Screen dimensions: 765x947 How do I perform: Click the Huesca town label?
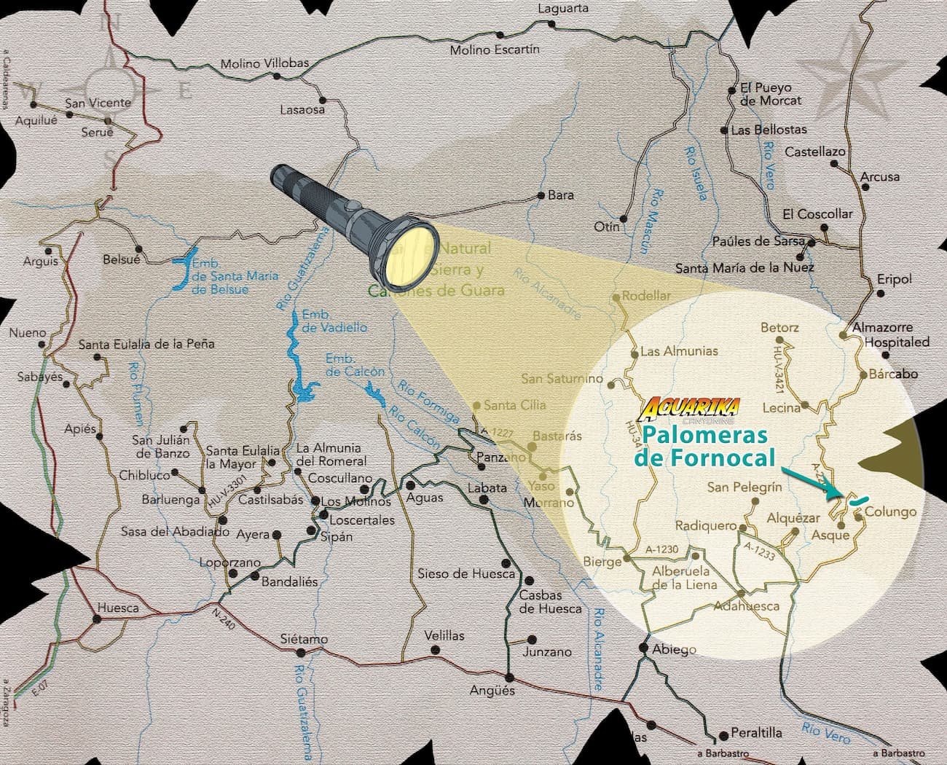[118, 607]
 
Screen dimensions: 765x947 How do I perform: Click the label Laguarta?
[562, 9]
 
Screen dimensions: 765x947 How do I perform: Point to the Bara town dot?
[541, 195]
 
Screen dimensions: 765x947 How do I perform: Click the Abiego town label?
[674, 649]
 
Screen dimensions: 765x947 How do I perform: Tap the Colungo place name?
[890, 511]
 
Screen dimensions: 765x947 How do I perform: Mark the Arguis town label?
[40, 261]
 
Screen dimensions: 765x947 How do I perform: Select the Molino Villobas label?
[264, 64]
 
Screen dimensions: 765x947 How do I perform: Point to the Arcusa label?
[880, 176]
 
